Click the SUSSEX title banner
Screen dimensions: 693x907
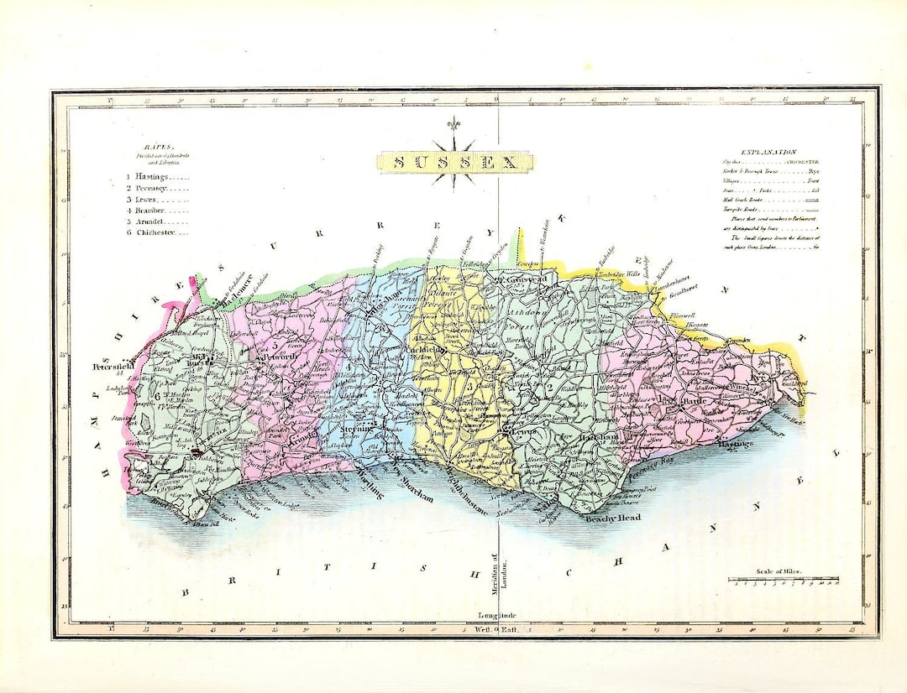pos(454,162)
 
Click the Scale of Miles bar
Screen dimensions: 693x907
pos(783,579)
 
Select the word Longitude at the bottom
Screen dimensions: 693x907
pos(496,617)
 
